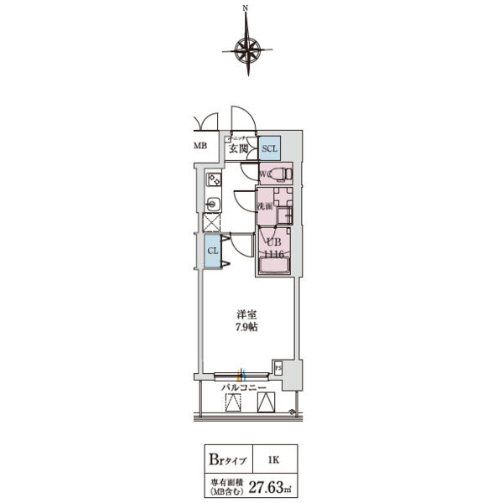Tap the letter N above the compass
coord(246,9)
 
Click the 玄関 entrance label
coord(238,149)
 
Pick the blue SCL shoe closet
coord(269,148)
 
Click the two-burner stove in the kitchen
coord(214,179)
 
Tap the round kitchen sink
coord(213,202)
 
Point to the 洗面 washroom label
coord(263,206)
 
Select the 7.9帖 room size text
coord(246,327)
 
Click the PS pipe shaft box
coord(277,366)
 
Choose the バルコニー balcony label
coord(243,388)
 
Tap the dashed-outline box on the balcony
coord(233,403)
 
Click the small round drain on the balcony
coord(291,411)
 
